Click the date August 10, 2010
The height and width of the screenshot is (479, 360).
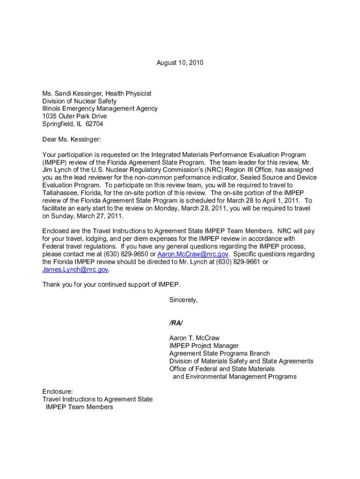(x=180, y=63)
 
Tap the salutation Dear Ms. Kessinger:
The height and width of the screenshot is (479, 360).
(x=72, y=139)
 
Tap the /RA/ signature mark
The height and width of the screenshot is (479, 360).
(x=176, y=323)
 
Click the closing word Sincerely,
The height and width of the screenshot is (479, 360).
(x=183, y=300)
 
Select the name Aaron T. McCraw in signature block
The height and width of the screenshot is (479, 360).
(x=194, y=338)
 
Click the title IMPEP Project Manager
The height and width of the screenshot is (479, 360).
(x=204, y=346)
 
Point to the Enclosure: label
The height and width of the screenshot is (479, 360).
(x=58, y=392)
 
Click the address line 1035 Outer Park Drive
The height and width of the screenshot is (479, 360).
(x=74, y=116)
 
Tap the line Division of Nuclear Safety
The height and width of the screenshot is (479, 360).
(x=79, y=101)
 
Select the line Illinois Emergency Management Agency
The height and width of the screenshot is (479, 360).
(x=100, y=109)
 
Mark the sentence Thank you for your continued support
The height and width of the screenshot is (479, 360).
(x=111, y=285)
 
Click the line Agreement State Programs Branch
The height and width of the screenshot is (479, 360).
(x=219, y=354)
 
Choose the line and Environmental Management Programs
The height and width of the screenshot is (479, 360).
(x=235, y=377)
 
